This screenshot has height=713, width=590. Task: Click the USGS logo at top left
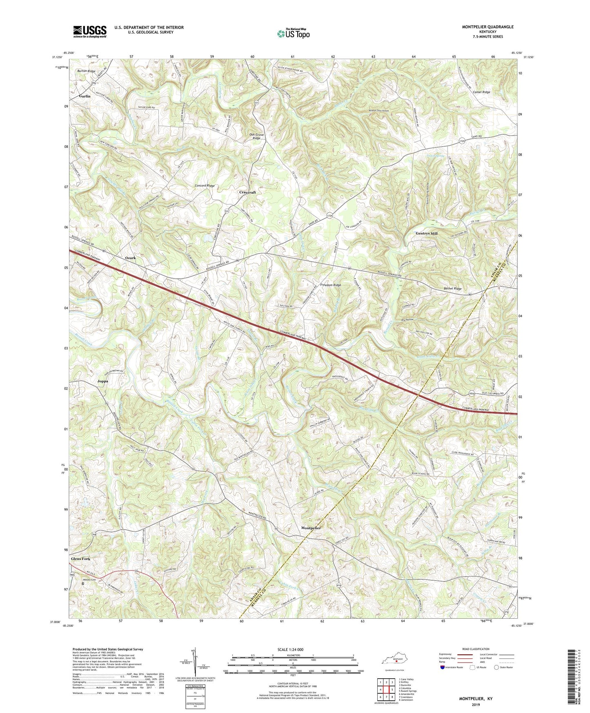90,31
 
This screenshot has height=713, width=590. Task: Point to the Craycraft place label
247,192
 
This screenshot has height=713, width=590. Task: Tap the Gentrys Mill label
426,234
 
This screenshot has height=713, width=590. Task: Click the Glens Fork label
80,559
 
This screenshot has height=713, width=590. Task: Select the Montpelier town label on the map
311,528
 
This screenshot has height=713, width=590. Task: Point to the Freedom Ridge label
330,285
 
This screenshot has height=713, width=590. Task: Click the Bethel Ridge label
452,289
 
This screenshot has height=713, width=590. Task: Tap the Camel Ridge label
481,92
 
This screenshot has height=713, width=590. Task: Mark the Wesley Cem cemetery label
90,579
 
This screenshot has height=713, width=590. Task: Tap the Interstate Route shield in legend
443,667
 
